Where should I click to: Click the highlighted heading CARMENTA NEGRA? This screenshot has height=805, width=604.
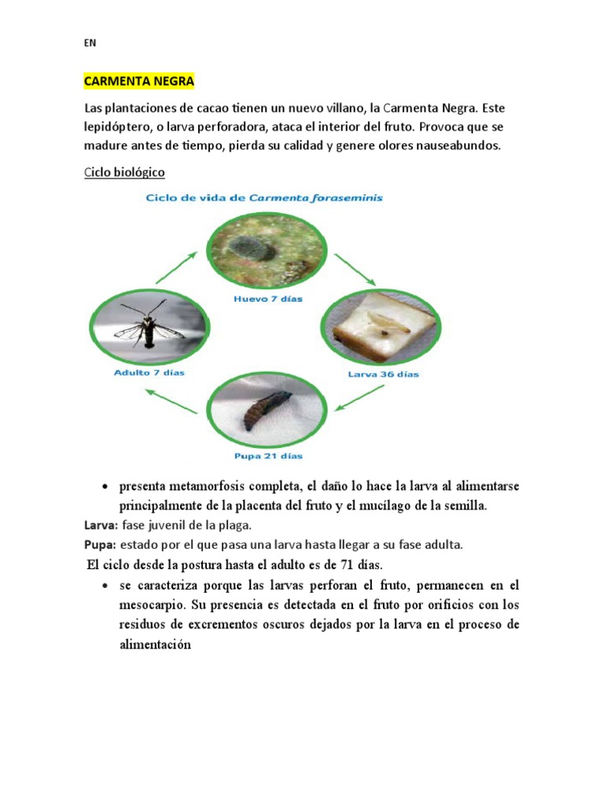click(138, 81)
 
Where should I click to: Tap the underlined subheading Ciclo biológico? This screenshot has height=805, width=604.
click(124, 171)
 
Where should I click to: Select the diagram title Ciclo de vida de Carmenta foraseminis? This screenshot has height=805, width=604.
click(264, 198)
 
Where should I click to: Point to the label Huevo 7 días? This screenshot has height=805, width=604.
click(268, 299)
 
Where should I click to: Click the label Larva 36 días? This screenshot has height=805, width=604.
click(383, 374)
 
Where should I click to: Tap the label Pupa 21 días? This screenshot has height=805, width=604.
click(269, 456)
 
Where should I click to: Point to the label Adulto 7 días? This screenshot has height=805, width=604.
click(149, 373)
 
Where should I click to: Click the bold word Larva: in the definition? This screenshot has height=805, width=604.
click(101, 525)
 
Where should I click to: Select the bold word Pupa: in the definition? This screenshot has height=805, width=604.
click(100, 544)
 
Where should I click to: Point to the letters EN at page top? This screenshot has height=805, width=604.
click(90, 44)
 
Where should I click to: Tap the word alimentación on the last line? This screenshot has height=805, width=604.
click(155, 644)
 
